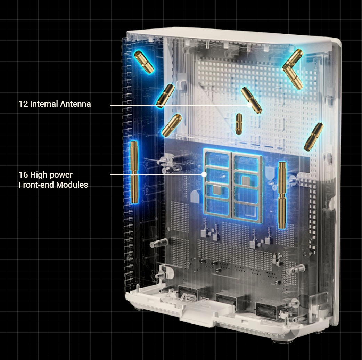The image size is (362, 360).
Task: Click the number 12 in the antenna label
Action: tap(23, 104)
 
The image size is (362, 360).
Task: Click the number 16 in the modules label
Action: tap(23, 175)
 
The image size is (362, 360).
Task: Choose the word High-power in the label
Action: tap(51, 175)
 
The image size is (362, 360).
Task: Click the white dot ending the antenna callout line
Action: tap(249, 105)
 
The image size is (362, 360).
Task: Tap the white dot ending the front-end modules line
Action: tap(204, 174)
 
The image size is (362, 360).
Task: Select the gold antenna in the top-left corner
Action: tap(144, 62)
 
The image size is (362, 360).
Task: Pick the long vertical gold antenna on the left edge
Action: tap(134, 172)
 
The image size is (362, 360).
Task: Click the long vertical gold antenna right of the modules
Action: tap(282, 195)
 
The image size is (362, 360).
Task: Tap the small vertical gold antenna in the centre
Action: tap(239, 124)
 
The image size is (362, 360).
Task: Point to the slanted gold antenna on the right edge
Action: tap(313, 137)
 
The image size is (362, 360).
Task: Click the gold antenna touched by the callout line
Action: tap(251, 100)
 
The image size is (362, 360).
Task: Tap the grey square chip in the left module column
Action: tap(217, 190)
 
